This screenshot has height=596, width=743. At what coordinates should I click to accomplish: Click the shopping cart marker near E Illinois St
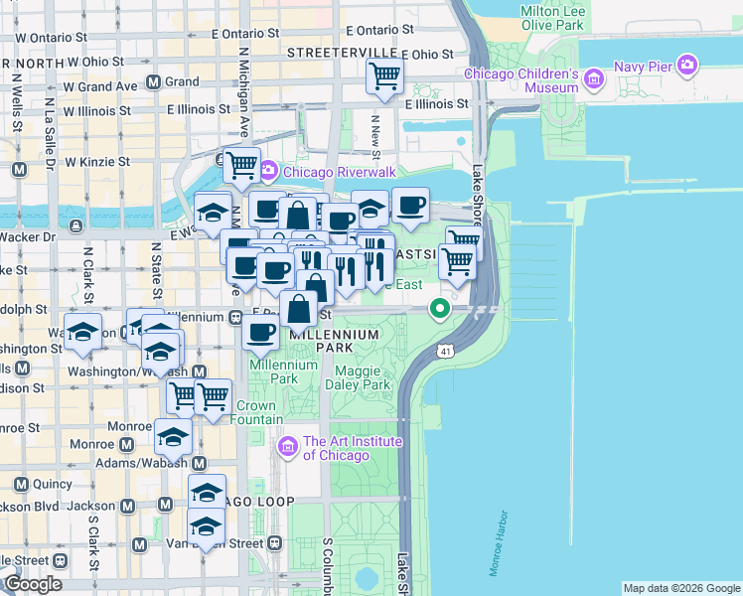pyautogui.click(x=383, y=74)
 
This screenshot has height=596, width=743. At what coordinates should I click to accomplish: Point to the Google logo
pyautogui.click(x=33, y=584)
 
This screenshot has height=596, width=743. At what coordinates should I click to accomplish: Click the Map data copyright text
pyautogui.click(x=681, y=588)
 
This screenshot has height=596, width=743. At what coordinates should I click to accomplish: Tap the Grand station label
pyautogui.click(x=182, y=81)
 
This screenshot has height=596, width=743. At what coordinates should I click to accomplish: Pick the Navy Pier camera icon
pyautogui.click(x=686, y=67)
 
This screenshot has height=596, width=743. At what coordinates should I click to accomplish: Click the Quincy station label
pyautogui.click(x=52, y=484)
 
